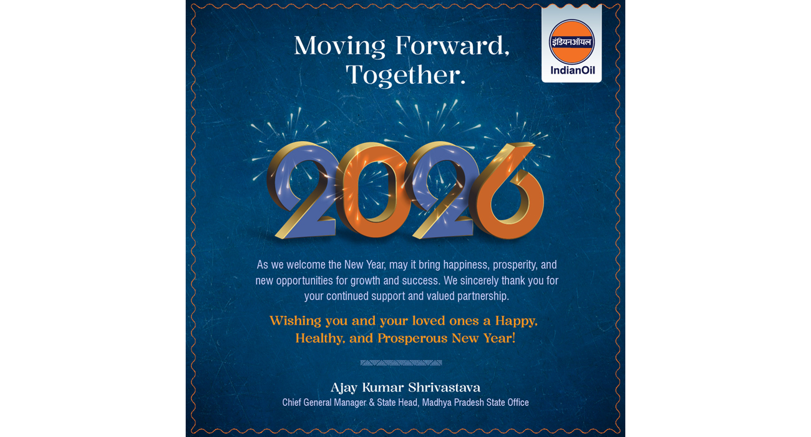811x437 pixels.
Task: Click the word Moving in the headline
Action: [x=339, y=47]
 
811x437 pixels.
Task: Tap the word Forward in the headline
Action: [x=450, y=46]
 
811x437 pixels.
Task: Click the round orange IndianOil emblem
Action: [x=571, y=42]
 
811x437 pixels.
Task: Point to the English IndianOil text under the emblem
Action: [x=573, y=70]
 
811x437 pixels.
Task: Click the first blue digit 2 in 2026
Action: [x=303, y=190]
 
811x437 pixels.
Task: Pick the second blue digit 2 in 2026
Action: [x=442, y=190]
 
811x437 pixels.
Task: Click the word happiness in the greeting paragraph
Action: [x=467, y=265]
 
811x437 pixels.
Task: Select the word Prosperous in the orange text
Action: [x=412, y=338]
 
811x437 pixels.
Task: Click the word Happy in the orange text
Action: [x=517, y=322]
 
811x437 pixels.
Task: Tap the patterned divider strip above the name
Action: [x=401, y=363]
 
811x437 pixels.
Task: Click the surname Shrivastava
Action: [x=445, y=388]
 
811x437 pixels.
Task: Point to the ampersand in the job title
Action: [x=371, y=403]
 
